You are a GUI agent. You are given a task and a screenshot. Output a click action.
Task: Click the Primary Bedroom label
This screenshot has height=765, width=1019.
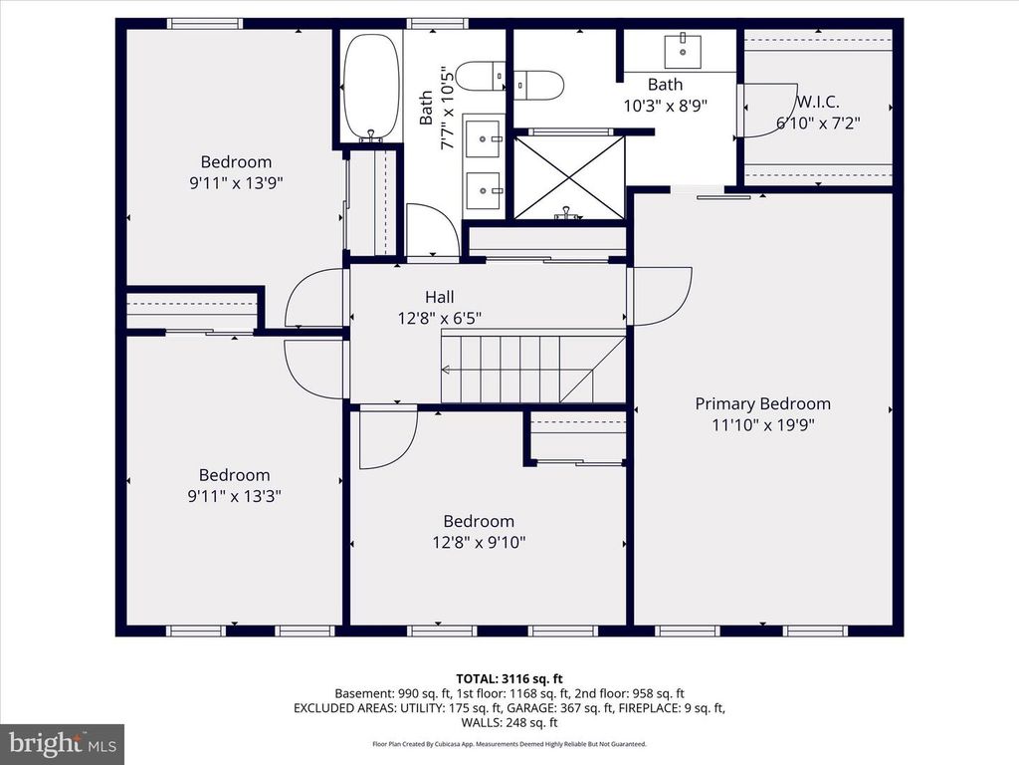click(x=762, y=403)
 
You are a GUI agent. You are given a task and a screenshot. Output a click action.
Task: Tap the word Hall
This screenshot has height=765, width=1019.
click(x=439, y=297)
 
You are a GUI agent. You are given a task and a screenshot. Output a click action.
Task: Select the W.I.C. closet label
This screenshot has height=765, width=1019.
click(x=817, y=103)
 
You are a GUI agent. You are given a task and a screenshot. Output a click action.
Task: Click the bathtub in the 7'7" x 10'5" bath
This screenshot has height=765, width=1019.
click(x=371, y=88)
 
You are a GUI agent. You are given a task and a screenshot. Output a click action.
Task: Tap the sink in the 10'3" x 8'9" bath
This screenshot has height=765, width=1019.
click(x=684, y=46)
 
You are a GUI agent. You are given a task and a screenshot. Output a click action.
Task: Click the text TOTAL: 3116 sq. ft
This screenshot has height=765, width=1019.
click(x=509, y=677)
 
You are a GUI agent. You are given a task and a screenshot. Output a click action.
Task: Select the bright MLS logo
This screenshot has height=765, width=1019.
click(x=61, y=743)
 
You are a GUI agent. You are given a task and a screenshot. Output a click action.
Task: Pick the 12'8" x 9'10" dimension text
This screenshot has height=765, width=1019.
click(x=479, y=542)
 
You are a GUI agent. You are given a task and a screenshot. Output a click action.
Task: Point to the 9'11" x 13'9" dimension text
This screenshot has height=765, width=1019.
click(x=236, y=182)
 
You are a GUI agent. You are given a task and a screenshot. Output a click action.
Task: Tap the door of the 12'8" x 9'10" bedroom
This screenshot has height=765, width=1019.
click(x=386, y=438)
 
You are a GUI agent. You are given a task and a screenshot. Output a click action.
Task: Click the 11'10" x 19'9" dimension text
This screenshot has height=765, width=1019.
click(x=762, y=424)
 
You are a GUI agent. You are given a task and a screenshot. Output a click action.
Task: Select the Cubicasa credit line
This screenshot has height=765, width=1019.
click(x=509, y=743)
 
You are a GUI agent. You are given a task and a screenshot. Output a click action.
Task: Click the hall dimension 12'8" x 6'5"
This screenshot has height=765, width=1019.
click(x=439, y=318)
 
